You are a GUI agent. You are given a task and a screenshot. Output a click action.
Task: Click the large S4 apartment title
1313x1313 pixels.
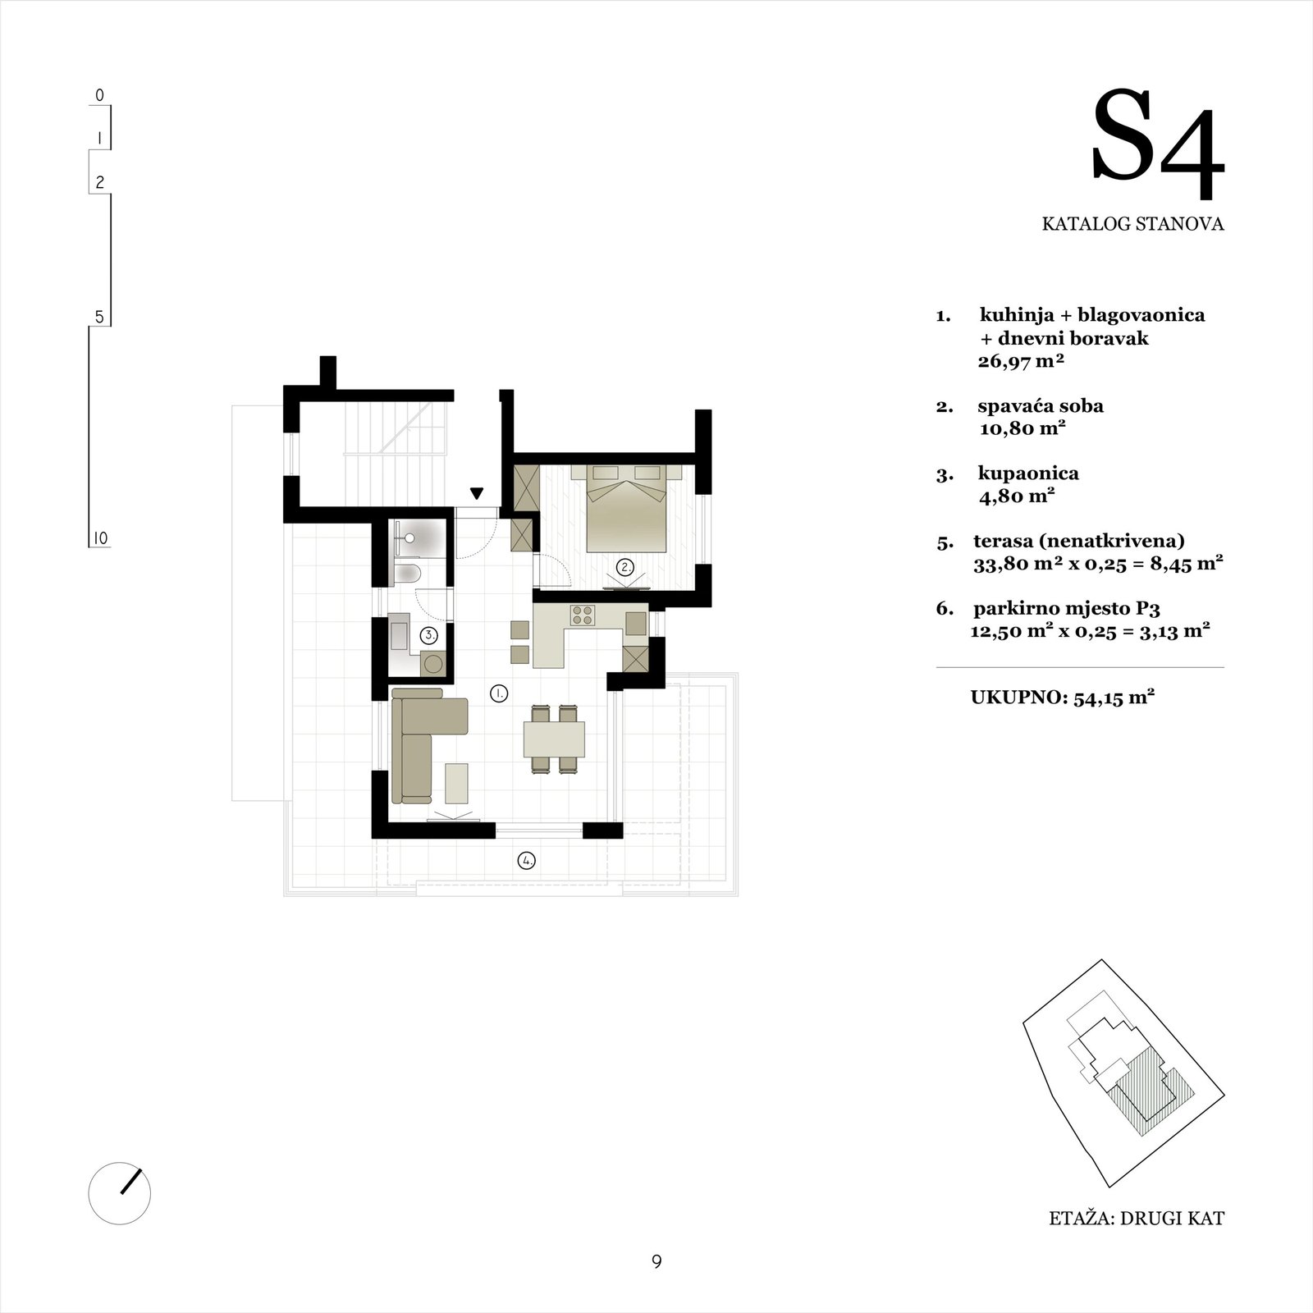[x=1157, y=148]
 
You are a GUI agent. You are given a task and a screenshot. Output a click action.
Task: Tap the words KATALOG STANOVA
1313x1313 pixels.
[x=1133, y=223]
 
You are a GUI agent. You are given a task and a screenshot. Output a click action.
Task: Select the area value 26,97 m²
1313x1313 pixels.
[x=1021, y=361]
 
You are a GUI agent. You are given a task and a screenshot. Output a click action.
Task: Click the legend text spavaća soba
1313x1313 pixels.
[x=1041, y=406]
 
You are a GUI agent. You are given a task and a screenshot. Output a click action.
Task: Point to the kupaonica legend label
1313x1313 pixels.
[x=1028, y=474]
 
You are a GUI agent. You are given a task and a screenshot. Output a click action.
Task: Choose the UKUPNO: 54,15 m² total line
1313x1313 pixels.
[x=1064, y=698]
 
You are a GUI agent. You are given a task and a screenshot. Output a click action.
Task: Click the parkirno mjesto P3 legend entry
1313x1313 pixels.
[x=1066, y=609]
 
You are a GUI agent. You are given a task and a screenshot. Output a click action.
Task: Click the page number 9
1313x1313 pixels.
[x=656, y=1262]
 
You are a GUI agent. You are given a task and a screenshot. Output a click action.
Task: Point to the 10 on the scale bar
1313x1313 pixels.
[x=100, y=538]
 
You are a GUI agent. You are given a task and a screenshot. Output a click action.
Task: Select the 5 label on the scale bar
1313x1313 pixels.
[x=100, y=316]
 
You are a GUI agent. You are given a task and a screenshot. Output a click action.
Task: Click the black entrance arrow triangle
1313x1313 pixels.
[x=476, y=493]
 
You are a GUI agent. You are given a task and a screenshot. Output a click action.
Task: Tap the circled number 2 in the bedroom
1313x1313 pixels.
[x=625, y=566]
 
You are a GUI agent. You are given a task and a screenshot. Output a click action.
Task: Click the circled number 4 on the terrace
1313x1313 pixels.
[x=526, y=861]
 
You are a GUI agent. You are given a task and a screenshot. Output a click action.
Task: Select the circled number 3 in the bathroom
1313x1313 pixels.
[x=429, y=635]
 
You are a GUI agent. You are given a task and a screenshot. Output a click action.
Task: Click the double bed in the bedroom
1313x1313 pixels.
[x=628, y=512]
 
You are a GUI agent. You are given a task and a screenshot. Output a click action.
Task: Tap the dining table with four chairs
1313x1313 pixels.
[x=554, y=739]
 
